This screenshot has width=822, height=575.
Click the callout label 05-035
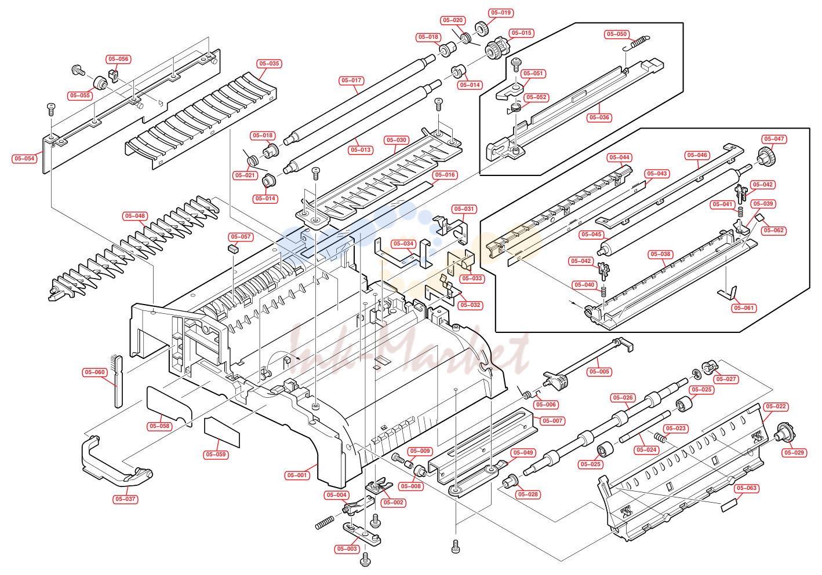point(269,64)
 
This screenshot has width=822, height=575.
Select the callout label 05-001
point(297,475)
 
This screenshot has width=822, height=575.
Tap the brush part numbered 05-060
point(118,381)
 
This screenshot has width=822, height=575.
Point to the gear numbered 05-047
point(766,156)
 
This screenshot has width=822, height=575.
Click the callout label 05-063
point(747,488)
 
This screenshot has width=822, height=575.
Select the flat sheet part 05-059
point(222,432)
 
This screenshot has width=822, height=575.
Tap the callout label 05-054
point(24,159)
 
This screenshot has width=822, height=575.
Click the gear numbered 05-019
point(482,28)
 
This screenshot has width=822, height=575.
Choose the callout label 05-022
point(776,406)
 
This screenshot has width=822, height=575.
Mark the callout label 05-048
point(135,216)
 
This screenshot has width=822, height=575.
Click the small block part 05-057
point(233,249)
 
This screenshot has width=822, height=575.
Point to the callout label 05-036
point(599,118)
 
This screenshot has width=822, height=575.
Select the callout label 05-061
point(744,308)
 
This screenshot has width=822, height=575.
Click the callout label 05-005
point(599,372)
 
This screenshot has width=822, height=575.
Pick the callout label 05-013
point(361,150)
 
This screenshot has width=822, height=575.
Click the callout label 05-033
point(472,279)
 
